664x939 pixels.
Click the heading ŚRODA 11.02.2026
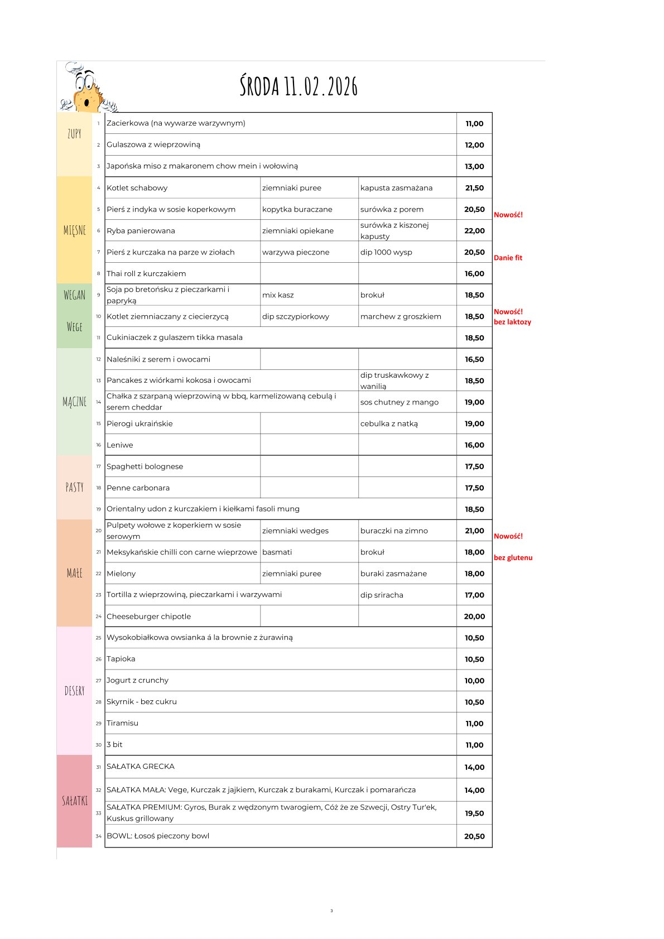click(x=299, y=86)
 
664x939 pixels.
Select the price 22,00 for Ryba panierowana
click(x=474, y=230)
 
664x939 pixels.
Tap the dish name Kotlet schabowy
click(x=137, y=188)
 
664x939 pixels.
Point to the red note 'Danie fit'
click(x=508, y=258)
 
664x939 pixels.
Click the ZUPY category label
click(x=74, y=134)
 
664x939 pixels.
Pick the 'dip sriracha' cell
click(x=382, y=595)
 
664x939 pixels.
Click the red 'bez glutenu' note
click(x=513, y=557)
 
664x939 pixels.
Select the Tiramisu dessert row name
click(x=122, y=723)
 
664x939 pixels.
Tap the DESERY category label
click(x=74, y=691)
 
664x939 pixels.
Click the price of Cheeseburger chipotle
click(x=474, y=617)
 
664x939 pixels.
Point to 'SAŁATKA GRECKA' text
click(x=140, y=767)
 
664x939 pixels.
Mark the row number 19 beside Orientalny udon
click(x=98, y=509)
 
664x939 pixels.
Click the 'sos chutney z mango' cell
click(x=399, y=402)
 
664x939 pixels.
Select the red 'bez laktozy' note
click(x=512, y=322)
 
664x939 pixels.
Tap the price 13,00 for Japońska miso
click(x=474, y=166)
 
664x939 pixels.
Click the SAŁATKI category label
click(x=74, y=801)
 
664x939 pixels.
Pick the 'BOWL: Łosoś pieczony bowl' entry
click(x=158, y=836)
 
